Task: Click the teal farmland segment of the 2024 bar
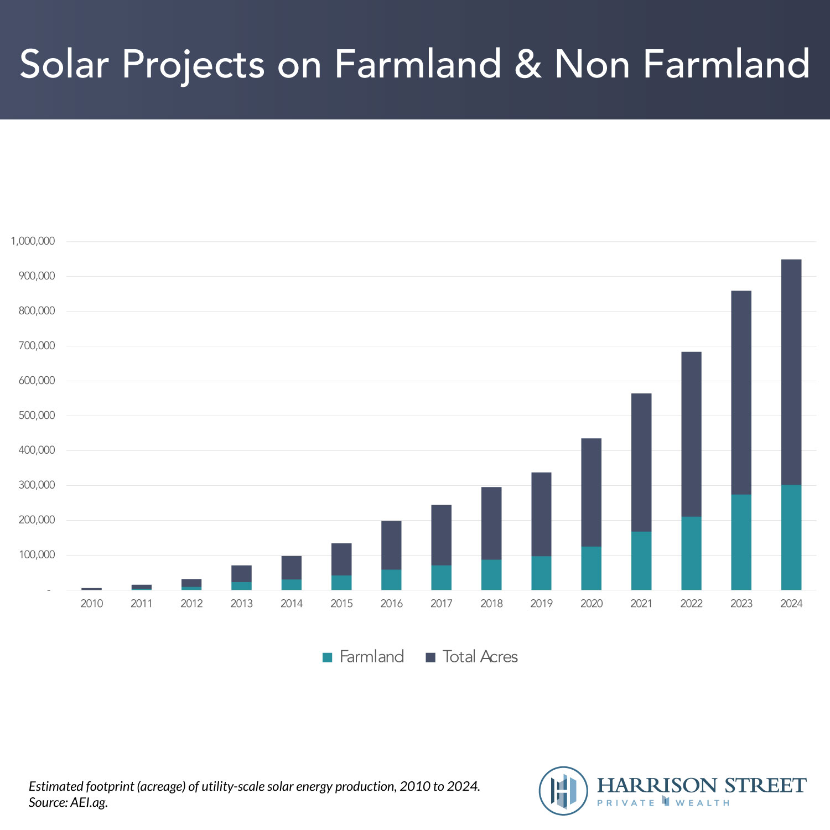[791, 537]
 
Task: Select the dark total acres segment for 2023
[741, 392]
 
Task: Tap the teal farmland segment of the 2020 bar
[591, 568]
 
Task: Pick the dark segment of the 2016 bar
[391, 545]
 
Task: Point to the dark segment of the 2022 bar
[691, 434]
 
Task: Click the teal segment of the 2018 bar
[491, 575]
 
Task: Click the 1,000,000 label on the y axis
[33, 241]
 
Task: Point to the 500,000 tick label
[37, 416]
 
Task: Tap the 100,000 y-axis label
[37, 555]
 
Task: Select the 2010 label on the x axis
[92, 604]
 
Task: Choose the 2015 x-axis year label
[341, 604]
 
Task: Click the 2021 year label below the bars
[641, 604]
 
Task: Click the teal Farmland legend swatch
[328, 657]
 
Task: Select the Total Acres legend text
[480, 657]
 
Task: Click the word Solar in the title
[64, 64]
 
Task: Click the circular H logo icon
[563, 791]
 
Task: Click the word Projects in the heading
[193, 65]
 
